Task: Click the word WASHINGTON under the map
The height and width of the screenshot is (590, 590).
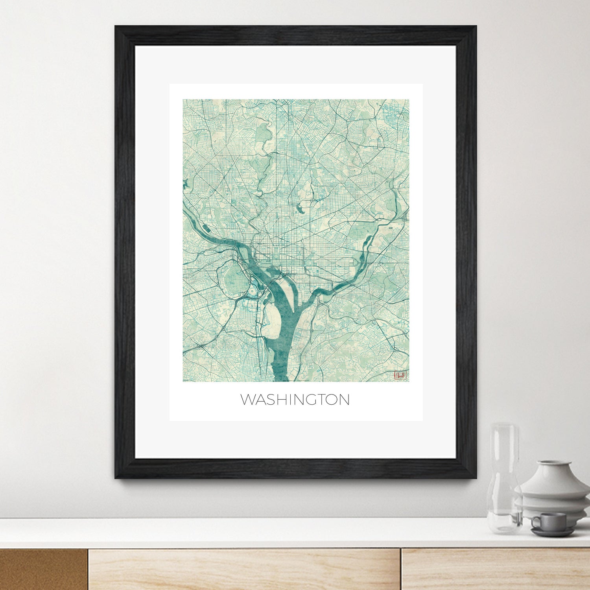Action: click(x=295, y=400)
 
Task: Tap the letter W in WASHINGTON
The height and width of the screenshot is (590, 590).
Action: click(x=248, y=400)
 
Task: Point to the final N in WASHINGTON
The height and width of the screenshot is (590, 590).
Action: click(x=343, y=400)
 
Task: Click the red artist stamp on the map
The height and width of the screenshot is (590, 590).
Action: click(x=400, y=375)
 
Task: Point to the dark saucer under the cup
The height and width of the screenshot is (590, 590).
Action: click(x=553, y=532)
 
